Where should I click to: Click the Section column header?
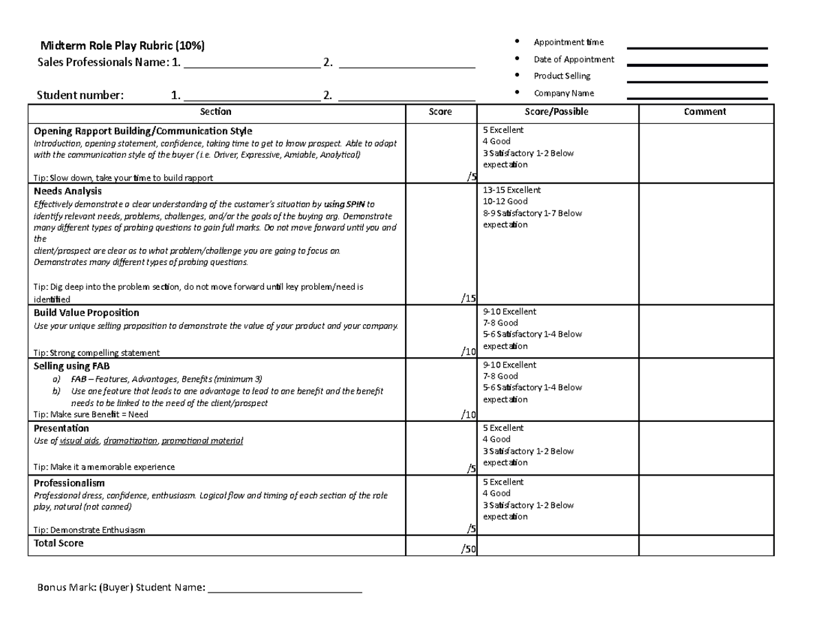215,111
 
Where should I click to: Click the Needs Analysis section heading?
67,191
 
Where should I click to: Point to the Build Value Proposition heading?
87,312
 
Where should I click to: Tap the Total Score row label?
58,543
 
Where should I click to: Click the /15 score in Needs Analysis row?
468,298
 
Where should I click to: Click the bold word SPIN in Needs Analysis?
354,204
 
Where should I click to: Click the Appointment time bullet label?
569,43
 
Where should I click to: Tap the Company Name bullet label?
564,93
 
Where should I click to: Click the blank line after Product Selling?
697,82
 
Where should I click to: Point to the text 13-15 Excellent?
512,190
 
